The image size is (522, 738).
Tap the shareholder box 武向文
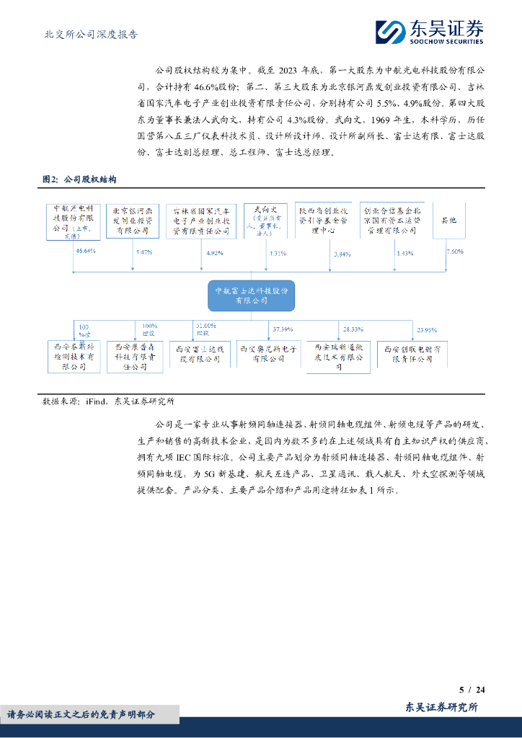coord(265,221)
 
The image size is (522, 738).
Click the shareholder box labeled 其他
coord(448,220)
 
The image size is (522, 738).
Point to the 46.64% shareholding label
coord(86,252)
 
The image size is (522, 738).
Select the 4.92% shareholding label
coord(216,253)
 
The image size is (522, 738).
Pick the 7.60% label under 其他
coord(455,251)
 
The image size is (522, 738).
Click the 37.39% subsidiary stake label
coord(283,329)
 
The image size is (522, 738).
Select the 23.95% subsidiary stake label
coord(427,330)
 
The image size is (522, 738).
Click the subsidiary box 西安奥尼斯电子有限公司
coord(268,353)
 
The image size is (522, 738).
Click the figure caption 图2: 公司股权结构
coord(79,179)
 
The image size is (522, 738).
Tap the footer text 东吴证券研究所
coord(442,707)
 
